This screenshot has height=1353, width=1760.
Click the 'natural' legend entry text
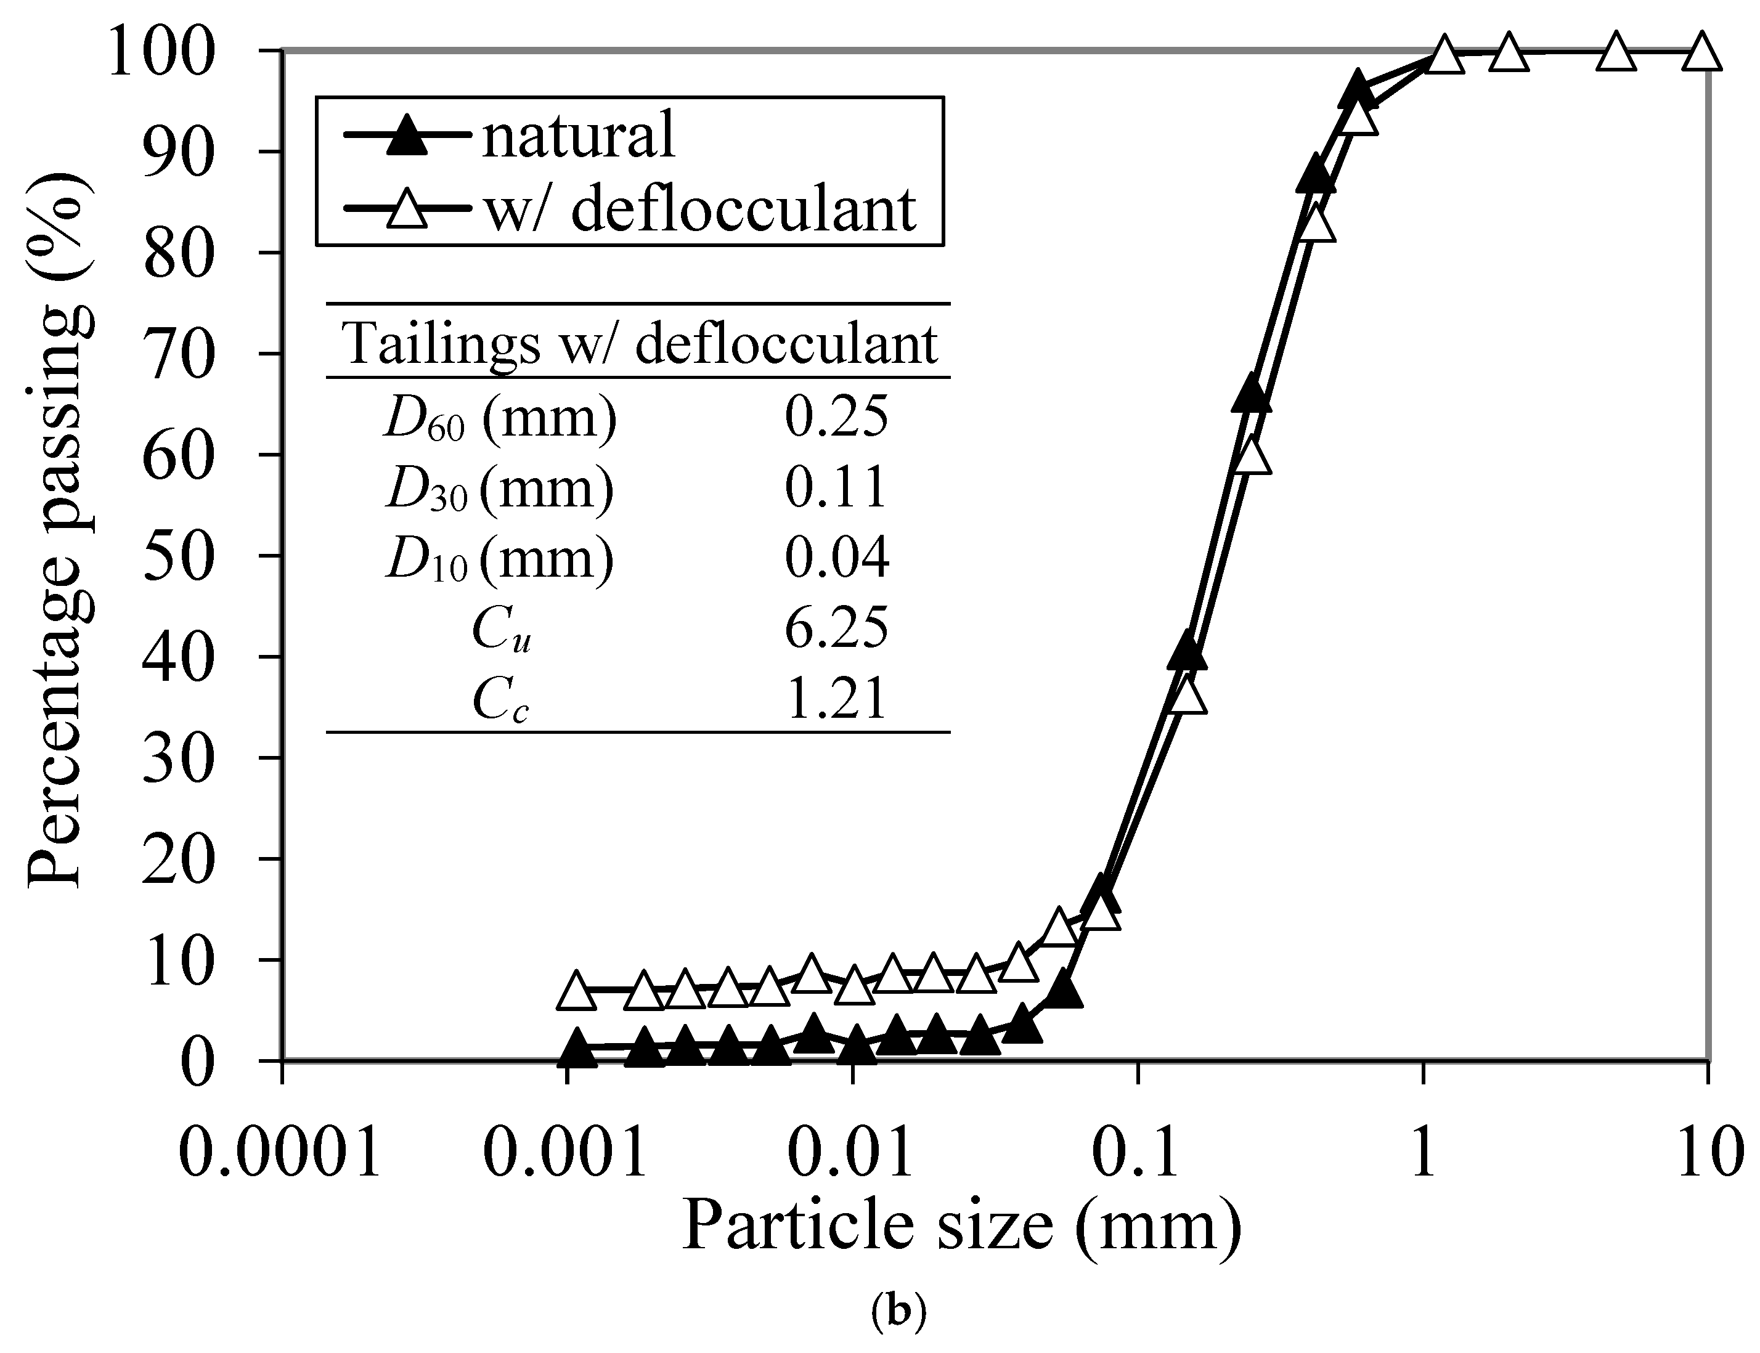(x=577, y=136)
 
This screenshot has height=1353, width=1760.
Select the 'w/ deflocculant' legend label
(x=699, y=209)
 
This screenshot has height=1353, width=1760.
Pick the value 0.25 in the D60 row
(x=836, y=417)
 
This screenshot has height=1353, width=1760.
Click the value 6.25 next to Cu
(x=836, y=628)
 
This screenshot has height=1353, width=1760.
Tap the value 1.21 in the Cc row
(x=836, y=697)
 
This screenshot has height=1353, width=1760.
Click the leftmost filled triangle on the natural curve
(x=577, y=1049)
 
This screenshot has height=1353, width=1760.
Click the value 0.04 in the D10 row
(x=836, y=558)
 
